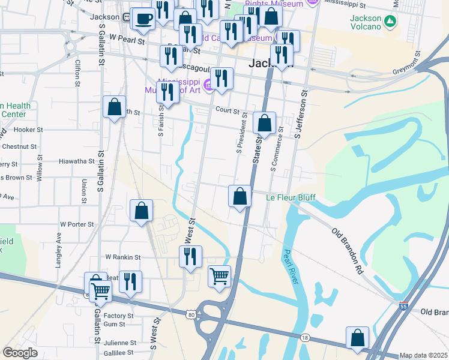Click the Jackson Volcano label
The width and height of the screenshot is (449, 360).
pos(365,22)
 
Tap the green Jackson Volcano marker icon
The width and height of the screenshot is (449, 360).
pos(391,22)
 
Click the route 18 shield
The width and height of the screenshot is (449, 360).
pos(305,338)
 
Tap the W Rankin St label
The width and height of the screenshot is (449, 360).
pos(122,257)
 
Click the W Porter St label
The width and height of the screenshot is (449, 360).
pos(77,224)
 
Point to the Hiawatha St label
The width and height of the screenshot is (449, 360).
pos(77,161)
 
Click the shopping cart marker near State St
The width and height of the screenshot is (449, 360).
pos(219,277)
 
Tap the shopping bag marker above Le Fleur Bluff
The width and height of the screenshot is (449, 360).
pos(240,196)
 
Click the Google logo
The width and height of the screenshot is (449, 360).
pos(20,352)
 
